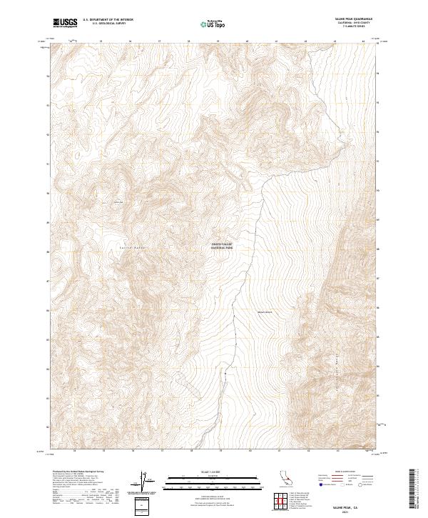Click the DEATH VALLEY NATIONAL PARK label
[222, 246]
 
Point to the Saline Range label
[133, 247]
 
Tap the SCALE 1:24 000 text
[213, 472]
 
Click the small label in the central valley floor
[264, 312]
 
